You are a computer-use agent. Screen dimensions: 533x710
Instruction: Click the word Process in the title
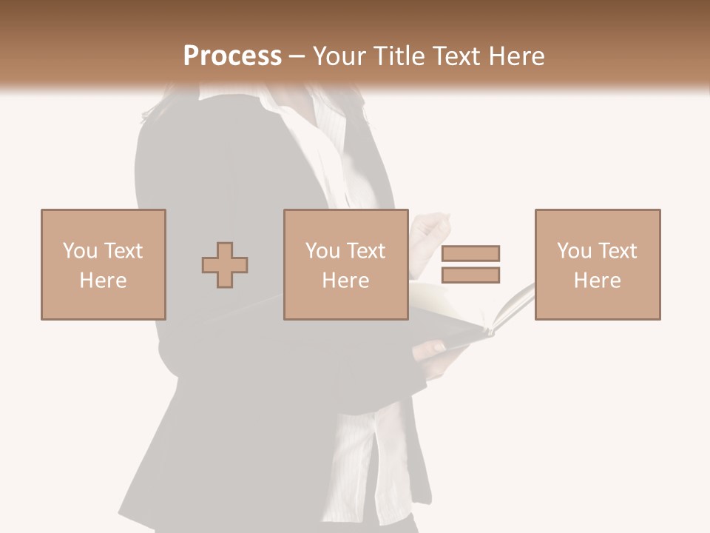coord(232,56)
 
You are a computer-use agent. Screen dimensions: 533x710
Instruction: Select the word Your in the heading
coord(341,56)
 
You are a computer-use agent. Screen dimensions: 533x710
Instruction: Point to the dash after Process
coord(297,56)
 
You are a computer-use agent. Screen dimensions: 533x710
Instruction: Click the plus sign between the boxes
coord(225,264)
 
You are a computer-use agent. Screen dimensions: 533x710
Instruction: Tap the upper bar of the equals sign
coord(470,253)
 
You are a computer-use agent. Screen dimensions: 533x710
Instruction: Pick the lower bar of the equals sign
coord(470,275)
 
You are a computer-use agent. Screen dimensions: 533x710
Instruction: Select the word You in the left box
coord(79,250)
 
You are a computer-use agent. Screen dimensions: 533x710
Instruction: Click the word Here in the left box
coord(103,281)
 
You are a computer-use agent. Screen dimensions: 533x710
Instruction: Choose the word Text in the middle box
coord(365,250)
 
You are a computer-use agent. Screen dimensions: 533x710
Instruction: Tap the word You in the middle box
coord(322,250)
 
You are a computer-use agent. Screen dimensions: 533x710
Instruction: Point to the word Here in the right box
coord(598,281)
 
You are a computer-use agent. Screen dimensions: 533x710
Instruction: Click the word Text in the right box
coord(617,250)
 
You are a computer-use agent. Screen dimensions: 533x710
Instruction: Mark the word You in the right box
coord(574,250)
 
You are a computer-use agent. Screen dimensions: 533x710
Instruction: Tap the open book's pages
coord(510,304)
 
